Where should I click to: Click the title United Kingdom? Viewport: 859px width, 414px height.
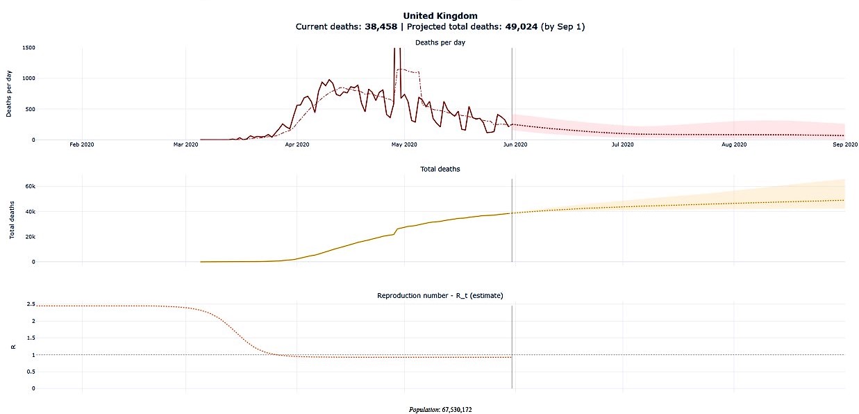click(440, 15)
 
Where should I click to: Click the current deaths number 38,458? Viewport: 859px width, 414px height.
click(381, 26)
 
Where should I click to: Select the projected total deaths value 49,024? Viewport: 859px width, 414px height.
click(515, 26)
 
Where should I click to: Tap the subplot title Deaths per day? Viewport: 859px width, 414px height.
click(440, 42)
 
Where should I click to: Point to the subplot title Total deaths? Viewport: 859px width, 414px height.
click(440, 169)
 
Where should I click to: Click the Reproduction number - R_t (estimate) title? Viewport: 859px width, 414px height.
click(440, 295)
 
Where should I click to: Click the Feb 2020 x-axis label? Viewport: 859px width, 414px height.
click(82, 144)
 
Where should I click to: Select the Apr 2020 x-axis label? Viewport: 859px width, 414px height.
click(297, 144)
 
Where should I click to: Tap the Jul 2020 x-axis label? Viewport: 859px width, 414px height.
click(622, 144)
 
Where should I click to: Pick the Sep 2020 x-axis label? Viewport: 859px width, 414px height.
click(844, 144)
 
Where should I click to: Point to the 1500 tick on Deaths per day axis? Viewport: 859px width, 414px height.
click(28, 48)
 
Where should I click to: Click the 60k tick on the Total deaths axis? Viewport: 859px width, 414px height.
click(31, 186)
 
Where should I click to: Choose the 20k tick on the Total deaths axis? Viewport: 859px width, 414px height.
click(31, 237)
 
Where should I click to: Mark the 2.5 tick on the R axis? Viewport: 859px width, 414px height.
click(30, 304)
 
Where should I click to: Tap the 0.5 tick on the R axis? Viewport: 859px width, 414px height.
click(30, 372)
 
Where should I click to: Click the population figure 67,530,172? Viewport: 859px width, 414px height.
click(456, 409)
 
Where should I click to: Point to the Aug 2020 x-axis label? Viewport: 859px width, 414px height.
click(734, 144)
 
